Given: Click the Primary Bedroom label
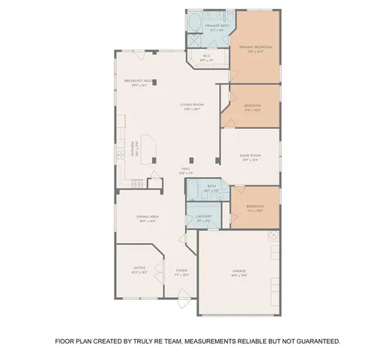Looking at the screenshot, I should [255, 46].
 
